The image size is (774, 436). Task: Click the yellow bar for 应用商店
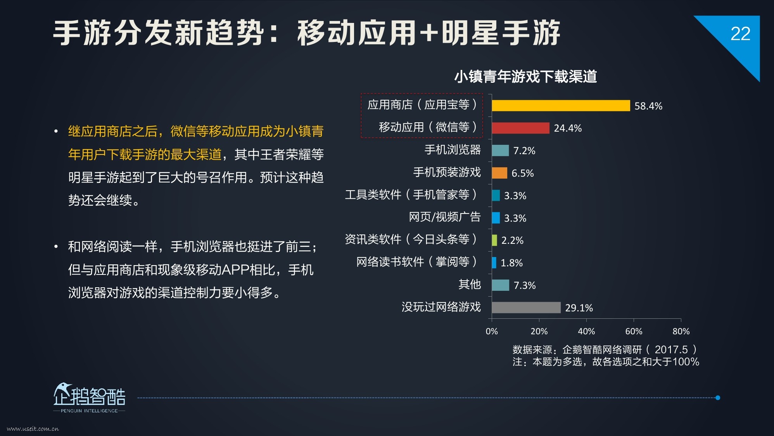561,106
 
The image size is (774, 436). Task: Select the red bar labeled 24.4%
520,128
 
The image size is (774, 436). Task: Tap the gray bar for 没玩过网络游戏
526,307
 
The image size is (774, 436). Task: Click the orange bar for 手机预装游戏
499,173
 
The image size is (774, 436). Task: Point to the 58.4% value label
648,106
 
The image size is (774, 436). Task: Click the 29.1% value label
579,308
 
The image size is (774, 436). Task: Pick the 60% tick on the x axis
634,331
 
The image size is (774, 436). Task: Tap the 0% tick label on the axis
492,331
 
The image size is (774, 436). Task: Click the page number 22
740,34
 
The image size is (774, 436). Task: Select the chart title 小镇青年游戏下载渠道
525,76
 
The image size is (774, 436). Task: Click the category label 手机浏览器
453,150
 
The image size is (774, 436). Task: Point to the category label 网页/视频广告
445,217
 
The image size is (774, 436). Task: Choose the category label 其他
470,285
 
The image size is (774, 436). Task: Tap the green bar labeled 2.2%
494,240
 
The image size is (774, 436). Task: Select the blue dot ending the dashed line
718,398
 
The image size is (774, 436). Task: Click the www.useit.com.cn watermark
33,429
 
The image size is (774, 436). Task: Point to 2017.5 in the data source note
671,350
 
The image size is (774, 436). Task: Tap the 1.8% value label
511,263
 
